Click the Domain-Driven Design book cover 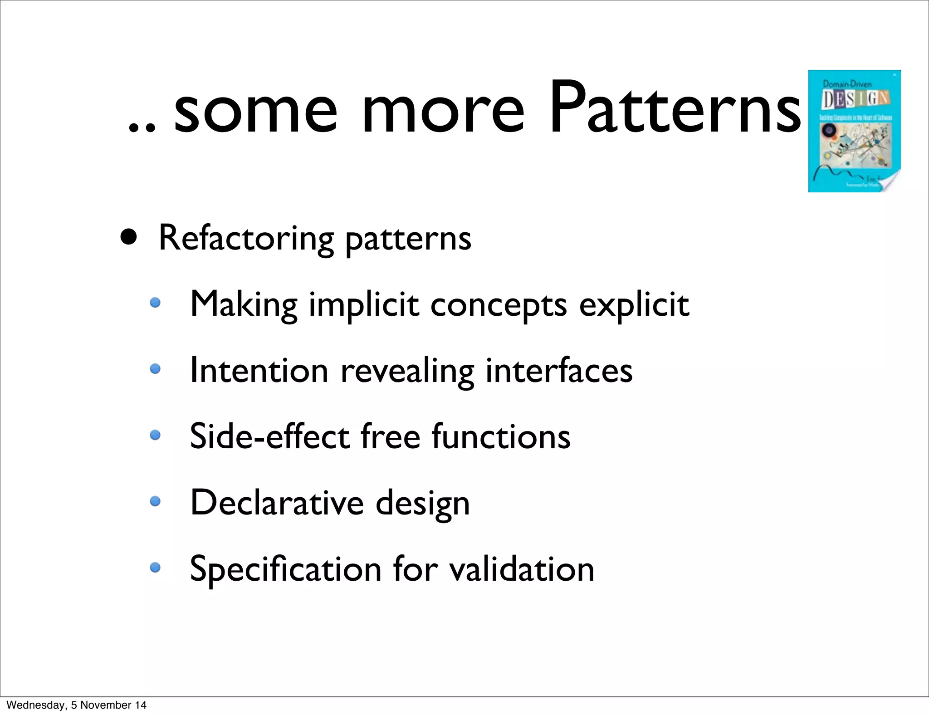[854, 131]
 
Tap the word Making [244, 304]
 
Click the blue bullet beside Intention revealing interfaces [155, 369]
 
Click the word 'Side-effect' [270, 436]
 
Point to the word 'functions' [501, 436]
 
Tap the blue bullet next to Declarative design [155, 501]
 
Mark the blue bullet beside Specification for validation [155, 567]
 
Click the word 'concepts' [499, 305]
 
